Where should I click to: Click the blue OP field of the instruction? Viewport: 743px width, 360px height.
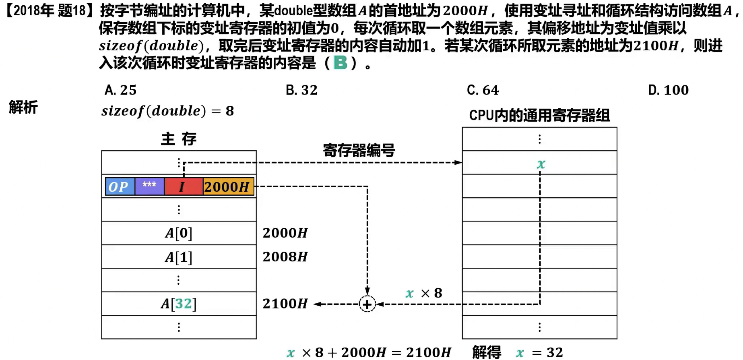[120, 187]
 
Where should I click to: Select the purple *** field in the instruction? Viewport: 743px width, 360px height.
[149, 186]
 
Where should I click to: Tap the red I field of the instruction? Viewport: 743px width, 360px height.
[183, 187]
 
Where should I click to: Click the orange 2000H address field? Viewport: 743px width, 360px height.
[228, 187]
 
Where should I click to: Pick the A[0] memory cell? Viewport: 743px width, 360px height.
[179, 233]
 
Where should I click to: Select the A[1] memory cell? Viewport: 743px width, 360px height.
[179, 257]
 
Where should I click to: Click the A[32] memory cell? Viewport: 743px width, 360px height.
[179, 304]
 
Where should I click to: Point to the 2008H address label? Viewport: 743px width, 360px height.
[285, 257]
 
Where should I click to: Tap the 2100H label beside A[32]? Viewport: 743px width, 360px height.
[285, 304]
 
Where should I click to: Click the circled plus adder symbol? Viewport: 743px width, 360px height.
[367, 304]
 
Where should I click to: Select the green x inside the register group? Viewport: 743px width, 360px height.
[541, 164]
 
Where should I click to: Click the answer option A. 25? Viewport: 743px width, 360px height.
[120, 90]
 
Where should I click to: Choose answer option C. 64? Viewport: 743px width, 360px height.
[483, 90]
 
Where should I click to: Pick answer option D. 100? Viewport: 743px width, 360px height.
[668, 90]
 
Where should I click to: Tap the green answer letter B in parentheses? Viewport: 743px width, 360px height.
[341, 63]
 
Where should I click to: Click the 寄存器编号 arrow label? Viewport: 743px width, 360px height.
[359, 150]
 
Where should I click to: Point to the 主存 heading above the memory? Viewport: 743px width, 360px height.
[179, 139]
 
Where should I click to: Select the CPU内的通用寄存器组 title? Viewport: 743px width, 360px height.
[539, 116]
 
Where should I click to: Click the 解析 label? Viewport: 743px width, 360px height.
[23, 108]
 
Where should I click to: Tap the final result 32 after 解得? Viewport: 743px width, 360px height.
[555, 352]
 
